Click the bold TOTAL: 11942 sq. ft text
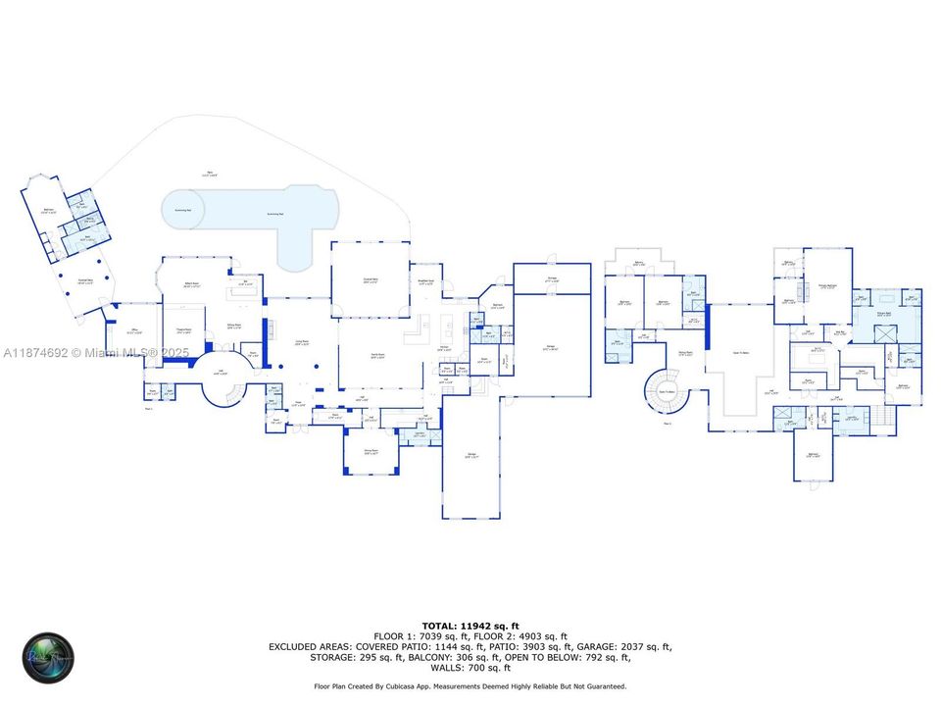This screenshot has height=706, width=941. [470, 625]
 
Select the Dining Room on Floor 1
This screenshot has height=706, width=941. [371, 452]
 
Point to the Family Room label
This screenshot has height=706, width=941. [376, 354]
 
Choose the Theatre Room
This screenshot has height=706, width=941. [183, 331]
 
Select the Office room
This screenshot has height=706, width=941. [135, 331]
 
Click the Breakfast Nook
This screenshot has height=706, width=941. [425, 279]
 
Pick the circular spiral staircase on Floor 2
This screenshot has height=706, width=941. [665, 391]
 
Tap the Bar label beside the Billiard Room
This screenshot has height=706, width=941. [244, 285]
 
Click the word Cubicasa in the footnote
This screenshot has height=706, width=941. [425, 686]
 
